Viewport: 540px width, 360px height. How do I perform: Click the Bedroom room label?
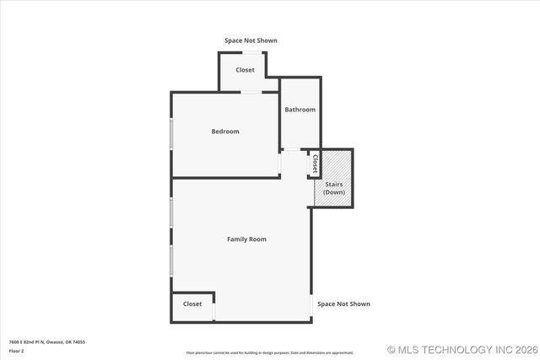coord(225,132)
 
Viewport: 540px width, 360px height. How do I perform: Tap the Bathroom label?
coord(300,110)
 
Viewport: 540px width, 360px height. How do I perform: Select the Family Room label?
coord(246,239)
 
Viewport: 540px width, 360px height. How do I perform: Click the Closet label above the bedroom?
coord(245,70)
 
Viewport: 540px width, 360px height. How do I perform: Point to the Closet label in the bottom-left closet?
coord(192,304)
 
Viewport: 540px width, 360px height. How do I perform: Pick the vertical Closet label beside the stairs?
coord(316,163)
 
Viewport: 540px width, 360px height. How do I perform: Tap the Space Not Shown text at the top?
coord(251,40)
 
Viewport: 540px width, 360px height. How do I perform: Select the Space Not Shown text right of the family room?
coord(343,304)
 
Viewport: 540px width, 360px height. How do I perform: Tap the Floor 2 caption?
coord(17,351)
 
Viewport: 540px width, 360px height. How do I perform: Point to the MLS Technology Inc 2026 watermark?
coord(462,349)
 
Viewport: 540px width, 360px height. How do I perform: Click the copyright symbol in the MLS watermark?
coord(391,349)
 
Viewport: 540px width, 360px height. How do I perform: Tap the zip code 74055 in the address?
coord(78,341)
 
